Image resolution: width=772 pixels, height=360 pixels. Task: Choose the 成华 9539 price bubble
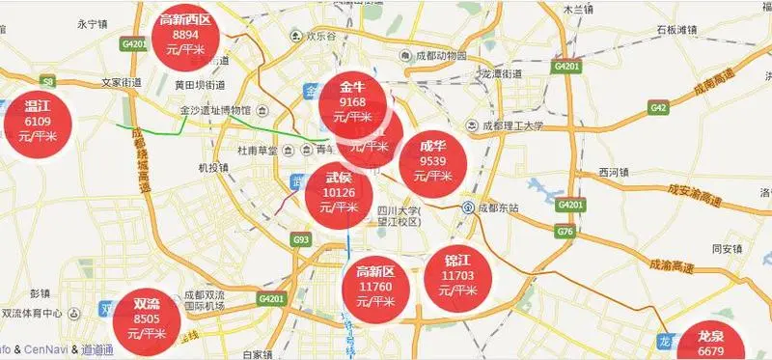432,161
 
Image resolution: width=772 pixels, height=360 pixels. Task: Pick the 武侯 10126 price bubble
338,192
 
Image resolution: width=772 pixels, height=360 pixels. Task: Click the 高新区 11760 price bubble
376,287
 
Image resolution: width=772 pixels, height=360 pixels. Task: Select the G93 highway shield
302,238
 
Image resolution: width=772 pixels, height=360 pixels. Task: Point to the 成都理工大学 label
507,125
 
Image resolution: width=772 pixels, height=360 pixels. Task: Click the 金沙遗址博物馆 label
216,111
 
